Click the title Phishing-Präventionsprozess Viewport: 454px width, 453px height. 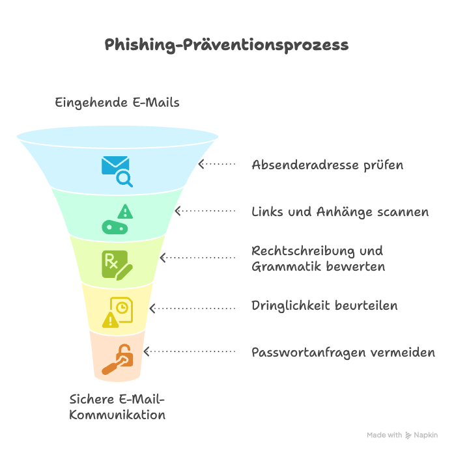point(227,45)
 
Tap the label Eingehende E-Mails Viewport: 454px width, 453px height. point(117,103)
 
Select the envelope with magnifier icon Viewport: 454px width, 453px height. point(117,171)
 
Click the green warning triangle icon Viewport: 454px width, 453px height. point(125,212)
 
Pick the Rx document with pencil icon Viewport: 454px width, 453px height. point(117,265)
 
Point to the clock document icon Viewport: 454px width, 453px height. point(122,309)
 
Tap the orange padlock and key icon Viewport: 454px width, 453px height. point(117,359)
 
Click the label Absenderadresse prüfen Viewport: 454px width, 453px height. point(327,165)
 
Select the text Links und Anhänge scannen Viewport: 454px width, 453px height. point(340,212)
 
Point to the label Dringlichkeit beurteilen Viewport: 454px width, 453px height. point(324,306)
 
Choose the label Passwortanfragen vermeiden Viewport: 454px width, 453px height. point(343,353)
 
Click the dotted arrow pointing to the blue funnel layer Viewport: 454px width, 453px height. point(217,164)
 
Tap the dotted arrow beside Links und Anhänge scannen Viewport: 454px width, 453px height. point(205,211)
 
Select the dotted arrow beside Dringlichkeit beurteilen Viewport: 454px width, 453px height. point(193,308)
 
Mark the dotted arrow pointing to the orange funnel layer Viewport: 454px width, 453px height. point(190,351)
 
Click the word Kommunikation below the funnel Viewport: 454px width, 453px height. point(117,415)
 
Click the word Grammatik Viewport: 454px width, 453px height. point(287,267)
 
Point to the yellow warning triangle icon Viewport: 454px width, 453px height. point(110,320)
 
